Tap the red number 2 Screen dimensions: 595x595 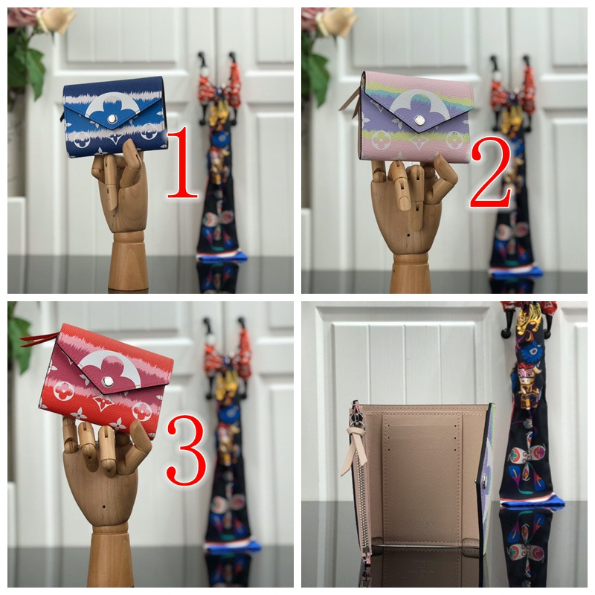coord(490,172)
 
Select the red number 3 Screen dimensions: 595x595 coord(187,449)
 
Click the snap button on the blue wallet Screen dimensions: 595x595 coord(112,119)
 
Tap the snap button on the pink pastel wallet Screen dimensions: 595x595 coord(419,120)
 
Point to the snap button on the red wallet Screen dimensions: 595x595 coord(107,382)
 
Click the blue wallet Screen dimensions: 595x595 coord(115,117)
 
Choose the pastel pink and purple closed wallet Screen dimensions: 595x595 coord(416,117)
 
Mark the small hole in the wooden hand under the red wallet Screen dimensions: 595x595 coord(104,507)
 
